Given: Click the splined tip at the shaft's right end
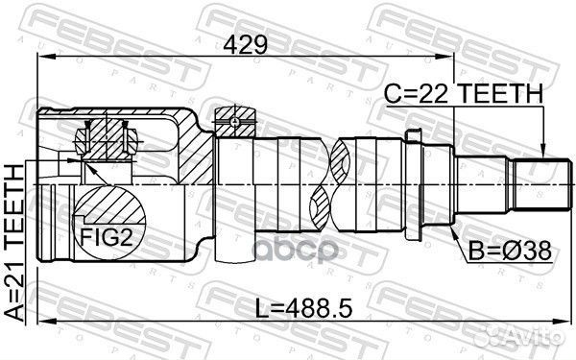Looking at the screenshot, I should [539, 184].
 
